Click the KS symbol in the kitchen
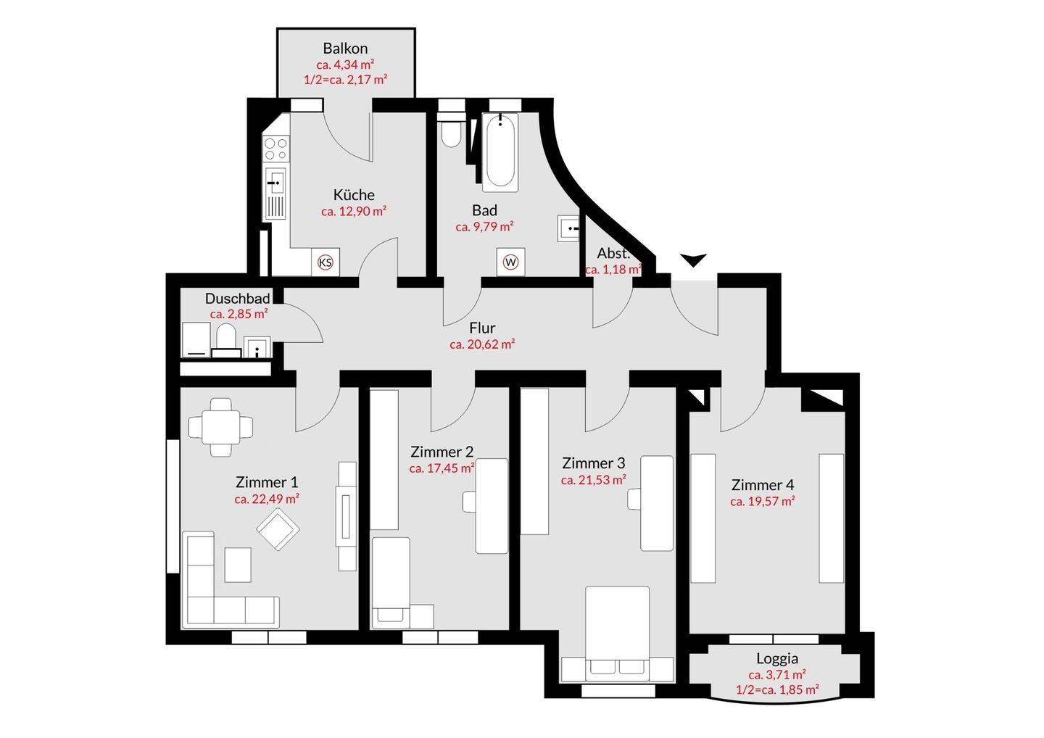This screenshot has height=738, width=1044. coord(326,262)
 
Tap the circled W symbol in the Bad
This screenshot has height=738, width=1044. coord(511,262)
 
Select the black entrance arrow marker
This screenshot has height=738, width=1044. coord(694,260)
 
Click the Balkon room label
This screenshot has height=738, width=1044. coord(345,49)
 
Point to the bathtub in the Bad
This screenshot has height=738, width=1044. coord(500,152)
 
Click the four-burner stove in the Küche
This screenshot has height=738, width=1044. coord(275,149)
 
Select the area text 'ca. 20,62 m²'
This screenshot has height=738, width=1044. coord(482,344)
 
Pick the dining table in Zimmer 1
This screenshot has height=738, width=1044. coord(221,427)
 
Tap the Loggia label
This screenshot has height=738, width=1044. coord(777,658)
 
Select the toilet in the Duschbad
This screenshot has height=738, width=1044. coord(226,339)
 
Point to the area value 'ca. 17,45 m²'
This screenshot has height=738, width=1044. coord(442,468)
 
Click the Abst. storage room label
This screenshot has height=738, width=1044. coord(613,254)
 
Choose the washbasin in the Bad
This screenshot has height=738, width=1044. coord(568,228)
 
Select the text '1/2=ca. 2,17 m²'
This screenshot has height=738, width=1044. coord(345,80)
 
